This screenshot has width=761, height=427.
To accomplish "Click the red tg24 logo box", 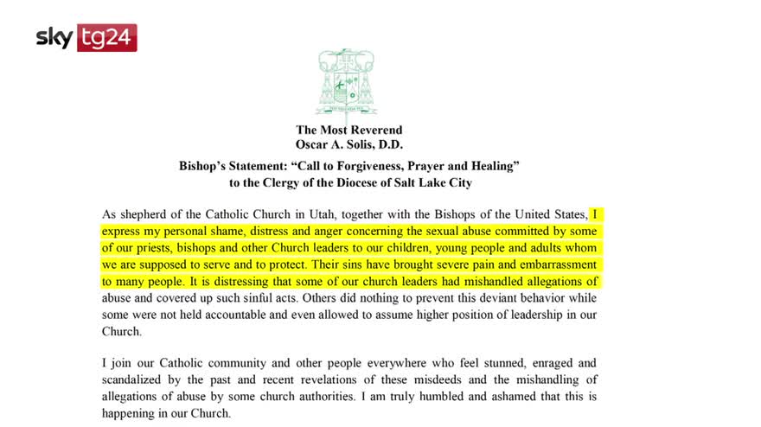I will pos(107,38).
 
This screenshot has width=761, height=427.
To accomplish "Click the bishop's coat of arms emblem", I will pos(347,80).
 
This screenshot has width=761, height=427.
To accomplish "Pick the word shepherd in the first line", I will pos(144,214).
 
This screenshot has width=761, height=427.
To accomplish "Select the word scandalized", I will pos(136,379).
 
